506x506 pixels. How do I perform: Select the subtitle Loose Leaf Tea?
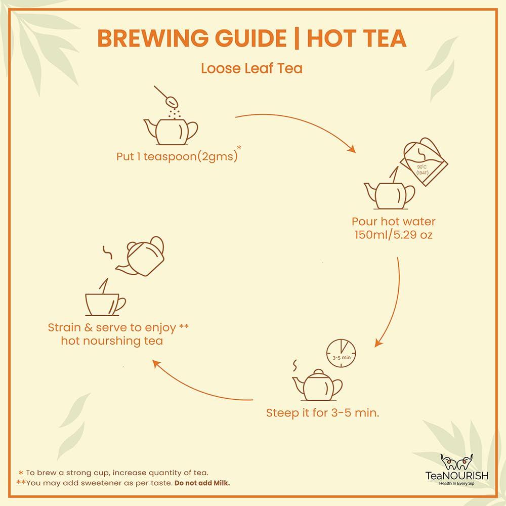(x=251, y=68)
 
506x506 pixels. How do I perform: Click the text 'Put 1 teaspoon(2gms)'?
(x=177, y=156)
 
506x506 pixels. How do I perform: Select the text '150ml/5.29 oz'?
(x=393, y=235)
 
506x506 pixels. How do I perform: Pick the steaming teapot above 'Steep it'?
(x=317, y=384)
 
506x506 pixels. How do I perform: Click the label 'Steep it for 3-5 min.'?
(x=323, y=413)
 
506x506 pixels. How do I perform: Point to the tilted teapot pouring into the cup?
(x=143, y=256)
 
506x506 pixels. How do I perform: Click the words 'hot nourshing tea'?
(x=112, y=341)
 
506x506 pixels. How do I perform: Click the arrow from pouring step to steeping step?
(x=392, y=304)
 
